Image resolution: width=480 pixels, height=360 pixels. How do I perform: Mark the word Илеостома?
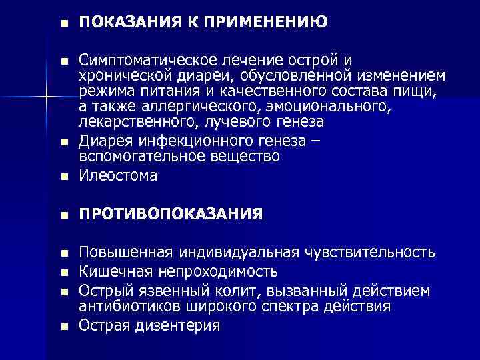click(x=118, y=176)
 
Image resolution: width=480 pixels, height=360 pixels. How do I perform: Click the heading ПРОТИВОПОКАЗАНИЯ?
click(x=170, y=215)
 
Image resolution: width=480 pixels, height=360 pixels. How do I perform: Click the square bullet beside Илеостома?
click(x=64, y=177)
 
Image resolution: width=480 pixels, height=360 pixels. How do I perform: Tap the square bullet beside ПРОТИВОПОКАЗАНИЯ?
click(x=64, y=215)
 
